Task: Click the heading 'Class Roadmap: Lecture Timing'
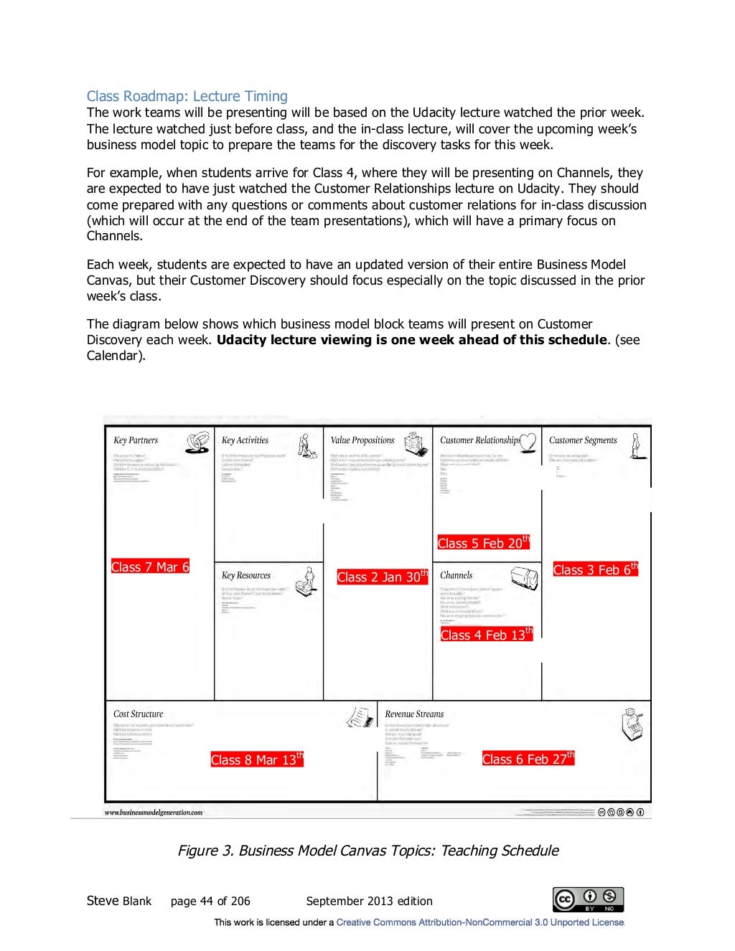(187, 96)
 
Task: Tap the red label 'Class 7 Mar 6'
(150, 567)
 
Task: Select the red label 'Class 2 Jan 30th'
(382, 577)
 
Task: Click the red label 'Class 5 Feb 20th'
(483, 543)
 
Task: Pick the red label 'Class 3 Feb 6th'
(595, 569)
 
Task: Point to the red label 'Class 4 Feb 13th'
(486, 635)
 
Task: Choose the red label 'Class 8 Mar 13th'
(257, 760)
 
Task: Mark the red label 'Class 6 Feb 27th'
(528, 759)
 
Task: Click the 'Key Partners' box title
(136, 440)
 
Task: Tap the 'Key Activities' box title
(245, 440)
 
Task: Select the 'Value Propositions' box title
(362, 440)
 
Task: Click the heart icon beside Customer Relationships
(528, 442)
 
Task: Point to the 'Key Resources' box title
(246, 575)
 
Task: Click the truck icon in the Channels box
(524, 577)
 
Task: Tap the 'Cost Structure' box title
(139, 714)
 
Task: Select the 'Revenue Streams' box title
(414, 714)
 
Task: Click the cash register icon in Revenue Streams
(632, 724)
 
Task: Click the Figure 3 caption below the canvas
(367, 851)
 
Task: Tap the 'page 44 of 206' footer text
(210, 901)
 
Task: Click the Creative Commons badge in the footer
(588, 899)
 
